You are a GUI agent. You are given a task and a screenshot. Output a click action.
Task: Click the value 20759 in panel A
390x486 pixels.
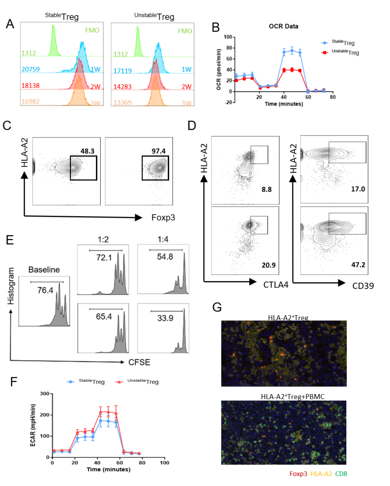(x=31, y=70)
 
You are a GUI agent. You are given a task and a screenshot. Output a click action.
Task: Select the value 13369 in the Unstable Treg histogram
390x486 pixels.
(x=122, y=102)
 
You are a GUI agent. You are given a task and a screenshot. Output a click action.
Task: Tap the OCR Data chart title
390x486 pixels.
(x=283, y=26)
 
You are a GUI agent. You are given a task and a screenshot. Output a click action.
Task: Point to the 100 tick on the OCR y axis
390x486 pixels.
(x=227, y=37)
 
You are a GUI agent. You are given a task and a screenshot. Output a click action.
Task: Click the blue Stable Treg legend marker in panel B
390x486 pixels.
(x=325, y=43)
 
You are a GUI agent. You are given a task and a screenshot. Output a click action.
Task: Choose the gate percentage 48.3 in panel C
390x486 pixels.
(x=88, y=151)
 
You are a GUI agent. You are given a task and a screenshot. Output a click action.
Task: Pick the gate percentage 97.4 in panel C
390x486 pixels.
(x=159, y=151)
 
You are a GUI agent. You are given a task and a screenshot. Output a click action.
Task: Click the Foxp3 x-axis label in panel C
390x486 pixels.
(x=163, y=218)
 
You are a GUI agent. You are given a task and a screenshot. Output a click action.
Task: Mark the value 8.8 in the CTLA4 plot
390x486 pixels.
(x=266, y=189)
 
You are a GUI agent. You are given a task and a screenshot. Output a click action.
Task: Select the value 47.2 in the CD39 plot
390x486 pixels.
(x=358, y=265)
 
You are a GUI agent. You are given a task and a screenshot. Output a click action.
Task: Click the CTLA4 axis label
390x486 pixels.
(x=276, y=285)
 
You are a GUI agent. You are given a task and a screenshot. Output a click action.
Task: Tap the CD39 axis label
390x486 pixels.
(x=363, y=286)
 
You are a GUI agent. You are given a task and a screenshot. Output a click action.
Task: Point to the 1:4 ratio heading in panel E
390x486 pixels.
(x=163, y=240)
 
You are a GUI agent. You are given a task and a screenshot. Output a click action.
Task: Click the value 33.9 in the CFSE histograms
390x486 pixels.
(x=165, y=318)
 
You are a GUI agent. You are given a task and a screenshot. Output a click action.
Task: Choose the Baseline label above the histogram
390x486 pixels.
(x=44, y=269)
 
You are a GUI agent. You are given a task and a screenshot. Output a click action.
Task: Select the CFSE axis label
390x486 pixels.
(x=139, y=362)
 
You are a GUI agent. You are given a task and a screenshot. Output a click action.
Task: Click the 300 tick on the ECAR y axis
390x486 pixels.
(x=44, y=394)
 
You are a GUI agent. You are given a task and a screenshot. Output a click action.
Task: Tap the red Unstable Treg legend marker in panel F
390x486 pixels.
(x=119, y=382)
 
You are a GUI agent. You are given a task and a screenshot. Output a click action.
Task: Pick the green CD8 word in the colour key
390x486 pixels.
(x=341, y=474)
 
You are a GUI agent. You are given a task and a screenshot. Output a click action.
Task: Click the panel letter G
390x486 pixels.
(x=217, y=307)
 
